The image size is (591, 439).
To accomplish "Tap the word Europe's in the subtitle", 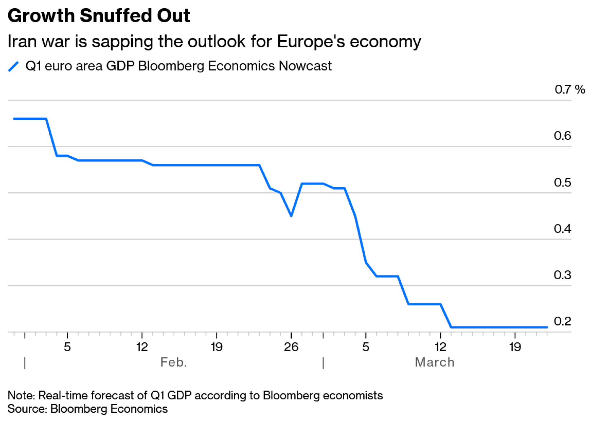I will [x=311, y=41].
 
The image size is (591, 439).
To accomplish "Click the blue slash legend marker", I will [x=14, y=66].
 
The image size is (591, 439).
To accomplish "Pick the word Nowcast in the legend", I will [x=305, y=66].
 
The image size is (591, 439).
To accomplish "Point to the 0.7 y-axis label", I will [x=563, y=89].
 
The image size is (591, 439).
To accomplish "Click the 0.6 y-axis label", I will [x=562, y=136].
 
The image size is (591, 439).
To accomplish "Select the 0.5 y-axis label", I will [x=562, y=182].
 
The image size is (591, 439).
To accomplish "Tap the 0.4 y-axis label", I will [x=562, y=229].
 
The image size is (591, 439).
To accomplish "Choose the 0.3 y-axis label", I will [x=562, y=275].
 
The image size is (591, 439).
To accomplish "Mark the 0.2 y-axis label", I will [x=562, y=321].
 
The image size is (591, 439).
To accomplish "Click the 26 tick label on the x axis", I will [x=291, y=347].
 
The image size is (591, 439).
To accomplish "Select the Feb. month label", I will [x=173, y=362].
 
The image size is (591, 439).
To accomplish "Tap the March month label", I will [x=434, y=362].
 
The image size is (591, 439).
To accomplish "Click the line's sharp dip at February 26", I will [x=291, y=216].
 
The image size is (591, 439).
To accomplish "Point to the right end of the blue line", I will [x=547, y=327].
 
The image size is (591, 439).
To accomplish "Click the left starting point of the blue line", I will [x=14, y=119].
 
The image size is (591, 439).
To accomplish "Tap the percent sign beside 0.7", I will [x=580, y=89].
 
